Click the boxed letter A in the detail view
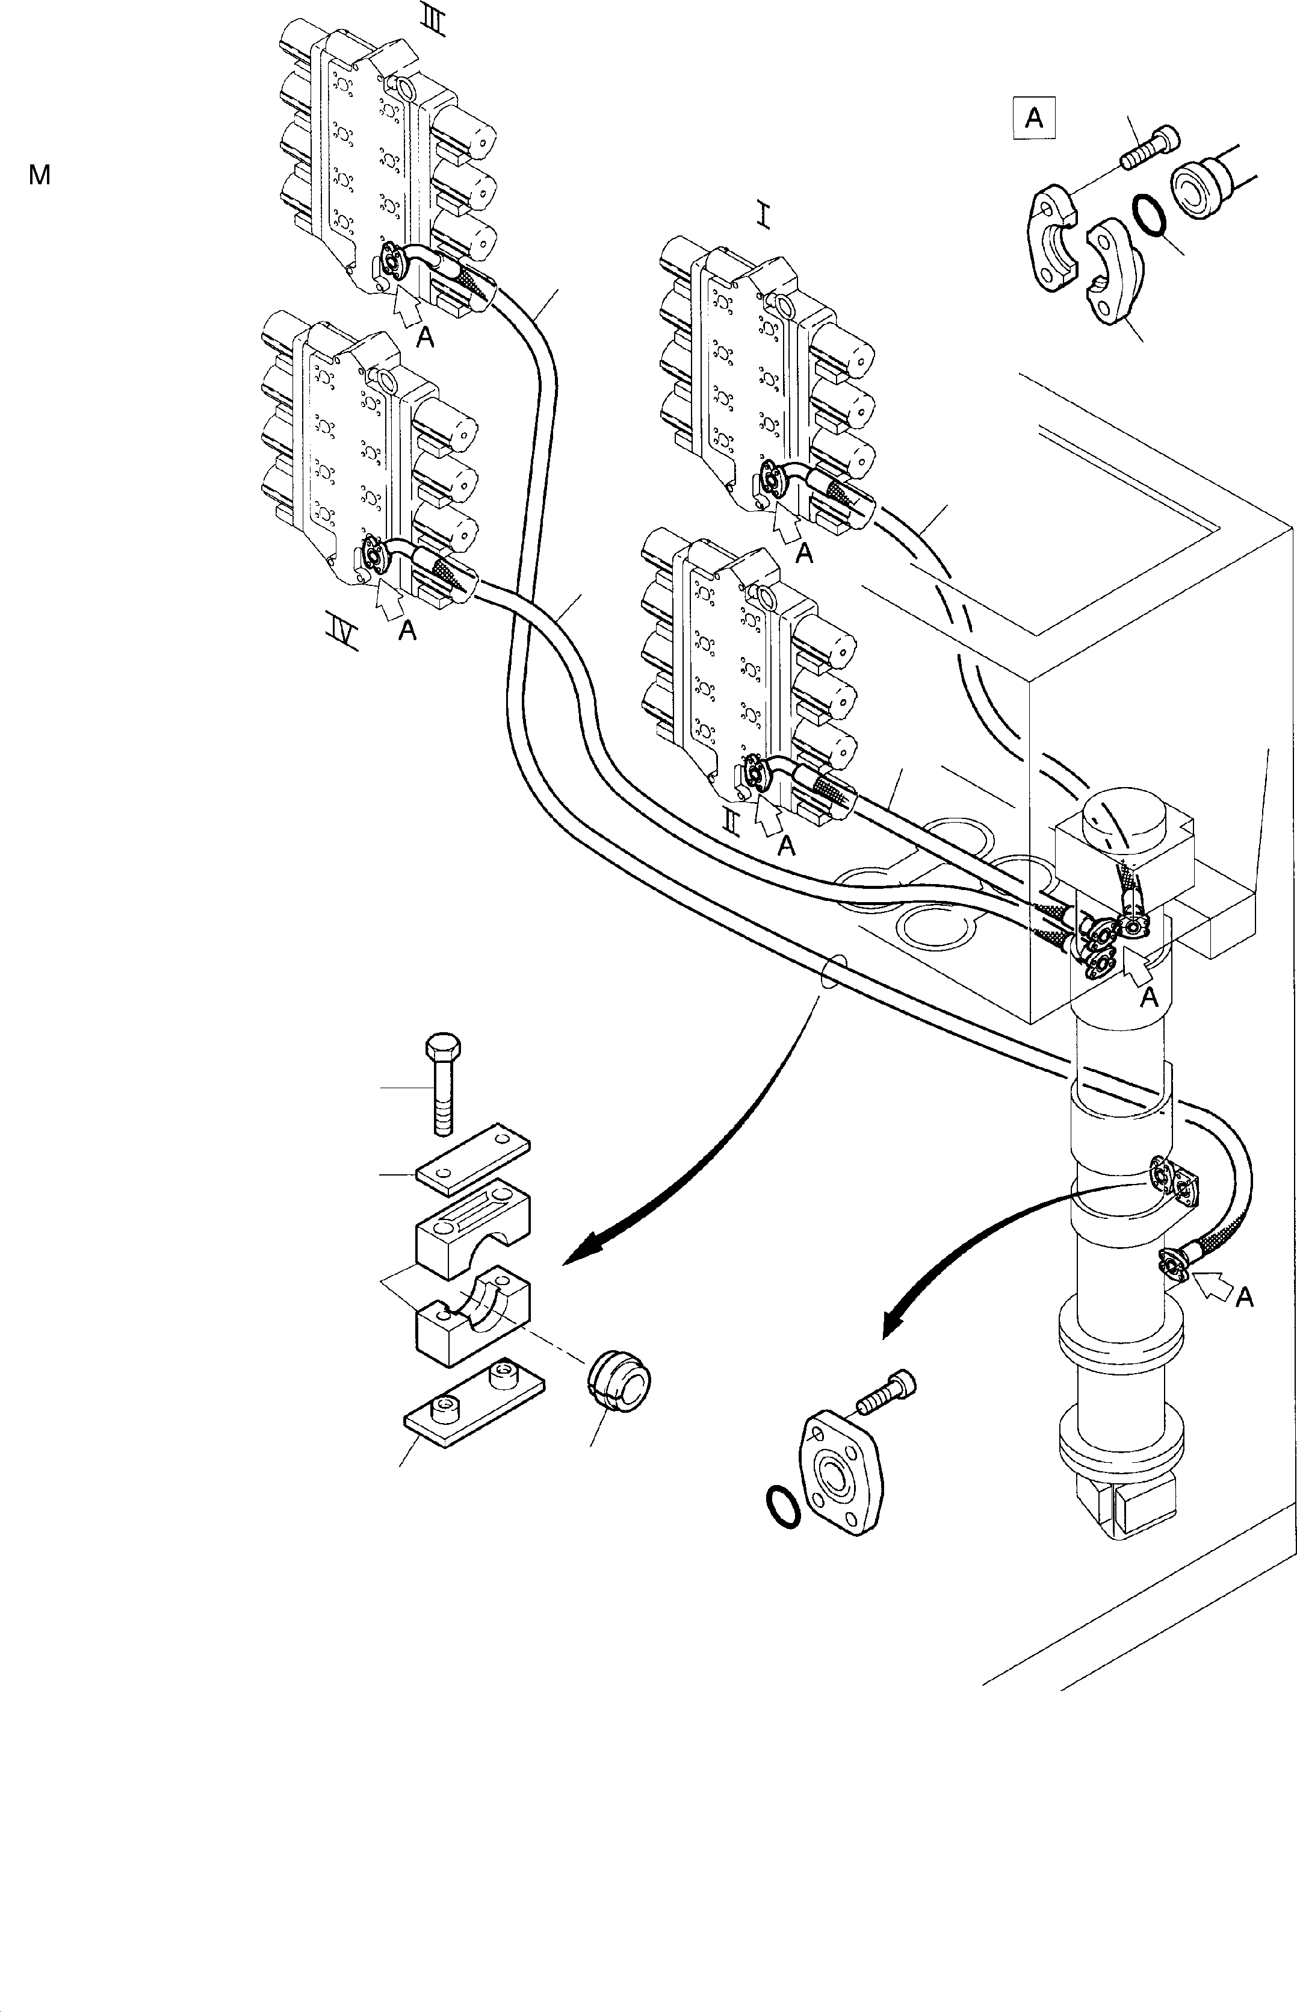(1034, 118)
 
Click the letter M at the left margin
(40, 175)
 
